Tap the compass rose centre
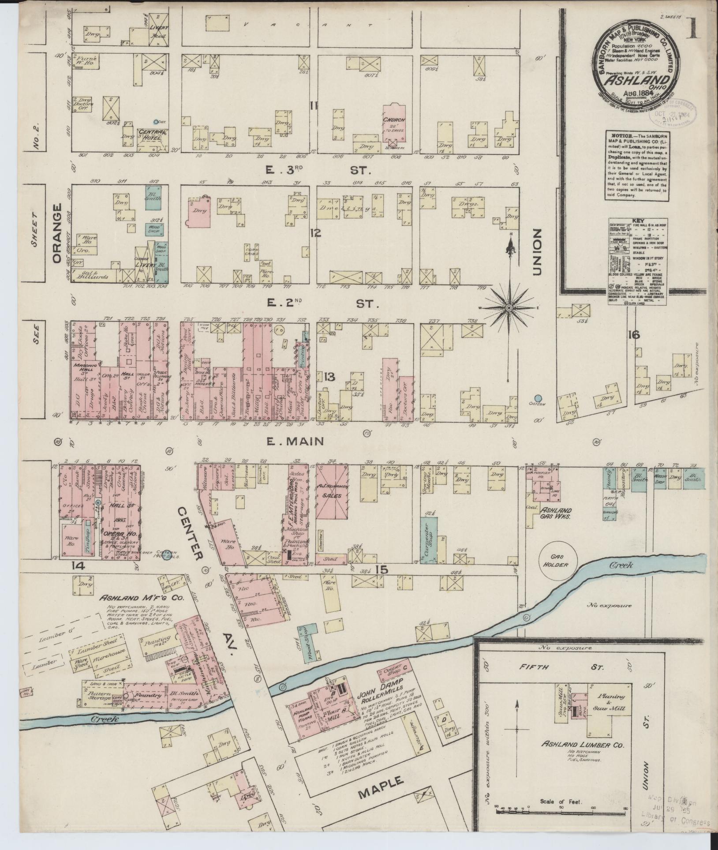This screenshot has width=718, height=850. pos(509,307)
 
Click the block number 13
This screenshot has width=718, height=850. pos(329,377)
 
